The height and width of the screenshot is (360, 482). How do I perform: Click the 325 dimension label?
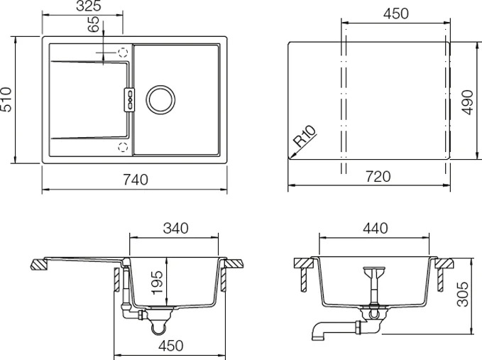click(89, 6)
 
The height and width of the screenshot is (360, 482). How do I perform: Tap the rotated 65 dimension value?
click(94, 24)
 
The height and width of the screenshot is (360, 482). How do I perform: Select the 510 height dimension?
click(6, 99)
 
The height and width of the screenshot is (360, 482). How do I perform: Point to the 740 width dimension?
click(136, 180)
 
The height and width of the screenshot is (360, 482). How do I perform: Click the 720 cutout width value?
click(378, 177)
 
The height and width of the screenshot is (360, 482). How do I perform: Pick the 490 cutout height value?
click(467, 102)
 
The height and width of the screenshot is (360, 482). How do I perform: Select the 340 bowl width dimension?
click(176, 229)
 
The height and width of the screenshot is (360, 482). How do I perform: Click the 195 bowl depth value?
click(158, 282)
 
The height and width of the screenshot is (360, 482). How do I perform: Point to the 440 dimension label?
click(376, 229)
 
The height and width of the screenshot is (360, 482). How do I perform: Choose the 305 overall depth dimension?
click(463, 294)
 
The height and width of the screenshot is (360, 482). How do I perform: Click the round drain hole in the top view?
click(160, 99)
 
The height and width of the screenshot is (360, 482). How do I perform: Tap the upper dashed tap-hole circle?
click(123, 53)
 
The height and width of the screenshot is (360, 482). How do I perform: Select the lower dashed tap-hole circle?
click(123, 147)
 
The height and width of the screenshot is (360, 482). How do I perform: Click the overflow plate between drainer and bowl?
click(129, 99)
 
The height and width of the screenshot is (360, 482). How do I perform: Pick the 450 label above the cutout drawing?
click(396, 13)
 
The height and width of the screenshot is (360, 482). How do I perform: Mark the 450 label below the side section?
click(171, 346)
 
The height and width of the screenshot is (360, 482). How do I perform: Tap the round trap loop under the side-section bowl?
click(159, 328)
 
